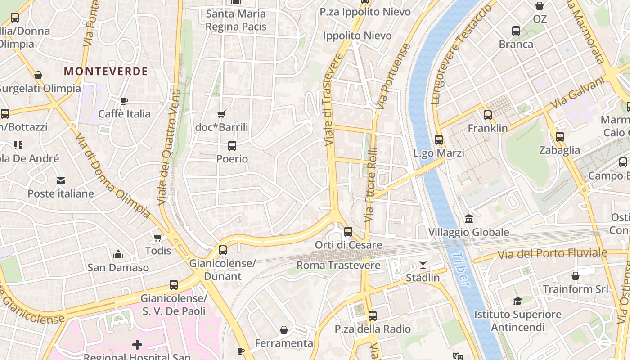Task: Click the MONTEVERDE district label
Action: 106,71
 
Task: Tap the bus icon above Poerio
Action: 232,146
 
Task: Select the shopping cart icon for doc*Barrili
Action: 221,114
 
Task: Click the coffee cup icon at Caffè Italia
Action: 124,101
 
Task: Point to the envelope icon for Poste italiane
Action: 60,181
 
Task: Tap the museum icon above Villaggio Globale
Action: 469,219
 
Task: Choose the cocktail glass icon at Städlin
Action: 423,265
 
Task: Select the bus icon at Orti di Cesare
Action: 348,232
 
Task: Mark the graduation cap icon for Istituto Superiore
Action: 517,301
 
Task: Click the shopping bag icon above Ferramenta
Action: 284,330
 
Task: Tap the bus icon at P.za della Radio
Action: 372,316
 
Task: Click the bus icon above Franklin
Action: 488,115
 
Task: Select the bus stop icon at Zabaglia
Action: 559,137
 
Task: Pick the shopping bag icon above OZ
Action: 539,6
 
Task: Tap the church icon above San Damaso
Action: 118,255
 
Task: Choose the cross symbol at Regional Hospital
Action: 137,345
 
